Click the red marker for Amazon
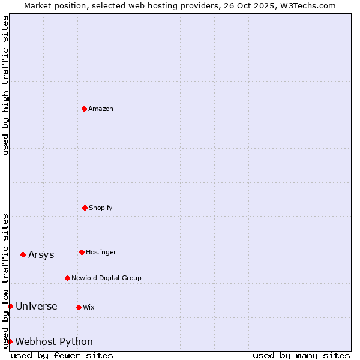click(84, 109)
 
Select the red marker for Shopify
click(85, 208)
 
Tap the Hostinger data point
click(82, 252)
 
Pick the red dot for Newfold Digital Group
click(67, 278)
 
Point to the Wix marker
click(79, 307)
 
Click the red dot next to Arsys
click(23, 254)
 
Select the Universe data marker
click(10, 306)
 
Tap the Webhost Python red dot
click(10, 341)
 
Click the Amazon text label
click(101, 109)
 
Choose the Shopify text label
click(101, 208)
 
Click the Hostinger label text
click(101, 252)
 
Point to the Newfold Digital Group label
click(106, 278)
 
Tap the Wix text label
click(89, 307)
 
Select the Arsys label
click(41, 254)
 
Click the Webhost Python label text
click(54, 341)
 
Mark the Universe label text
click(37, 306)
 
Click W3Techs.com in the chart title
click(310, 5)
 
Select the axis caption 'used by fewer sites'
click(62, 355)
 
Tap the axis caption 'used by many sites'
click(301, 355)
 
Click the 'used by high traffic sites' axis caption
click(5, 85)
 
